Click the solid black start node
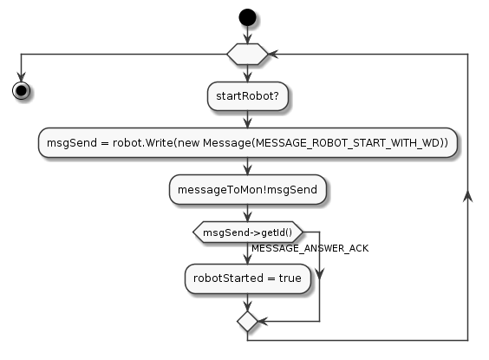coord(247,17)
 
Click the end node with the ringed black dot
coord(21,91)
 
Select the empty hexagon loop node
coord(247,55)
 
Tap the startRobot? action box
coord(248,96)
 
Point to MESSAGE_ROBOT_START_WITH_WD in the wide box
coord(347,143)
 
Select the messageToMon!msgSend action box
coord(248,190)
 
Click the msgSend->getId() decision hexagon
coord(248,232)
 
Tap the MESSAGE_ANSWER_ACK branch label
coord(310,248)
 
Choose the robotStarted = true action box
coord(248,278)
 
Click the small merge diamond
coord(247,321)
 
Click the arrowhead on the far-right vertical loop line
coord(468,196)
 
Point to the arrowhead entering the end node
coord(21,76)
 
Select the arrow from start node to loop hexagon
coord(247,35)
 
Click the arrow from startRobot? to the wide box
coord(248,119)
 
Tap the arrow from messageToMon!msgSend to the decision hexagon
coord(248,213)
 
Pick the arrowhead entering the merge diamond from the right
coord(263,321)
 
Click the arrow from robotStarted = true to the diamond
coord(248,302)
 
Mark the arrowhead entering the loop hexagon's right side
coord(273,55)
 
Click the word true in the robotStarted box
coord(290,278)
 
